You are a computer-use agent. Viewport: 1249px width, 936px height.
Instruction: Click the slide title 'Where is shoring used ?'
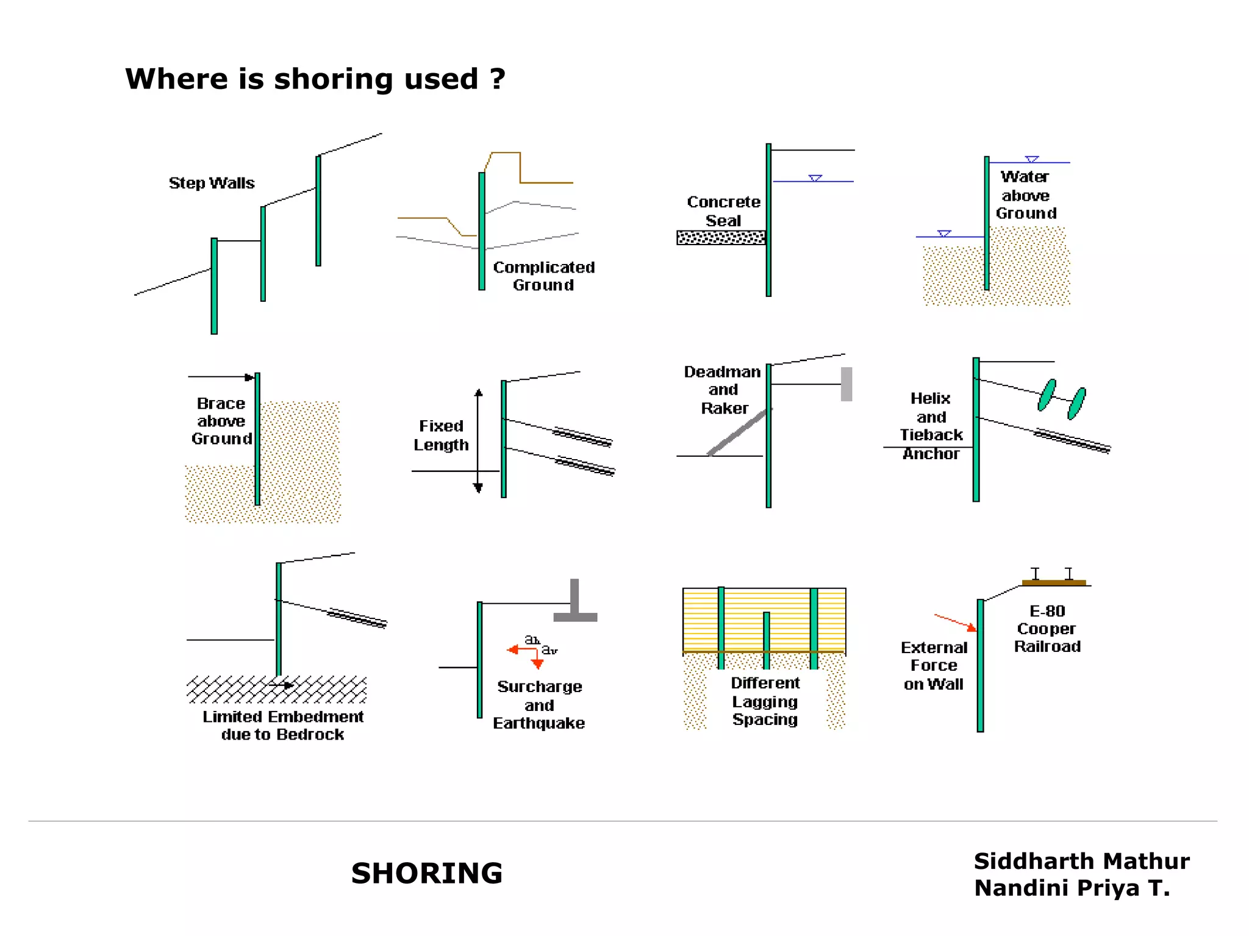click(x=315, y=79)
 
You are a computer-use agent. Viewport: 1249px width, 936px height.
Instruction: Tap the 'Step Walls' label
click(x=212, y=183)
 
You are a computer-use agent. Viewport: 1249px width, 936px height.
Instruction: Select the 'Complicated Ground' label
click(x=543, y=276)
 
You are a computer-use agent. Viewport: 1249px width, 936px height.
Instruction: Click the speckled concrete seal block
click(x=721, y=238)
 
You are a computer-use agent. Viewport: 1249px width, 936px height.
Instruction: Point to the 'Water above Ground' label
click(x=1026, y=195)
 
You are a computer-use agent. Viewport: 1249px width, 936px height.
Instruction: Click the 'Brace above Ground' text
click(x=221, y=421)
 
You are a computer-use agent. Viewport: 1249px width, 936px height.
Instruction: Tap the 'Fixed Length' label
click(x=441, y=435)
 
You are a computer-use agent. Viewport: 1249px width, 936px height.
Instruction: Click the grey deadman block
click(x=846, y=384)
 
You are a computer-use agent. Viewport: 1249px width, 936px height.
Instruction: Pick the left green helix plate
click(x=1047, y=395)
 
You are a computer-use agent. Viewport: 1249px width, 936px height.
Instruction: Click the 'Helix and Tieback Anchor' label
click(x=931, y=426)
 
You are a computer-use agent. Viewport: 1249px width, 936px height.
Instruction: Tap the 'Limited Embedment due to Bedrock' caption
click(x=283, y=726)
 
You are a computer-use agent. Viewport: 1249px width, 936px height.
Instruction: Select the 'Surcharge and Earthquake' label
click(x=539, y=705)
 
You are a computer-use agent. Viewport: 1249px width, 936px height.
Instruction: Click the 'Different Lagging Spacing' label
click(x=765, y=701)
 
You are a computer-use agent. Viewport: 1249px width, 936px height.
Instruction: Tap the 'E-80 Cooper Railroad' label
click(x=1047, y=629)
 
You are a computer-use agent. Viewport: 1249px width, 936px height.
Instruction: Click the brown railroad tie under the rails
click(x=1054, y=583)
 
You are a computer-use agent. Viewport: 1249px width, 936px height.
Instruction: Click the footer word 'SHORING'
click(x=427, y=873)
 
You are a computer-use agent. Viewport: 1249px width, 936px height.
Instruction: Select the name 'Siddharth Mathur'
click(x=1081, y=861)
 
